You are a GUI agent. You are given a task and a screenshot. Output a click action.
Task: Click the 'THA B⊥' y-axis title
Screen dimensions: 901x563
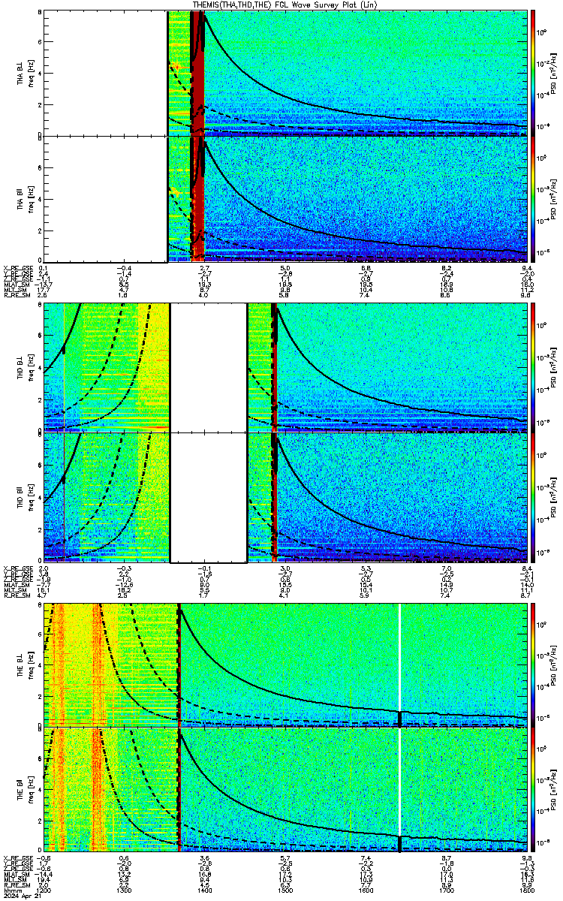(20, 72)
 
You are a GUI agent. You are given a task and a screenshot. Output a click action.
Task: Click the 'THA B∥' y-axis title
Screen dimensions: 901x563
(20, 198)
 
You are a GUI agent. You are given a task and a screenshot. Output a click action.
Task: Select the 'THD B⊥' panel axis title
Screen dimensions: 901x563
(20, 367)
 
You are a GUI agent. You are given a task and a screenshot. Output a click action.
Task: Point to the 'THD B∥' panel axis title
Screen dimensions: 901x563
(20, 496)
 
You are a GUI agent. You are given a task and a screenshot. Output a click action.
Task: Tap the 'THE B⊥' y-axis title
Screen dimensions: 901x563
(20, 665)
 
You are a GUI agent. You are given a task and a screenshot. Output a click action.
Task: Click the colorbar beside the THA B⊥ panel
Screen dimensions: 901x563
(533, 72)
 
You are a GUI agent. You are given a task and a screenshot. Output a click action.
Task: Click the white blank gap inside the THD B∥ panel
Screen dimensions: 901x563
(209, 496)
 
